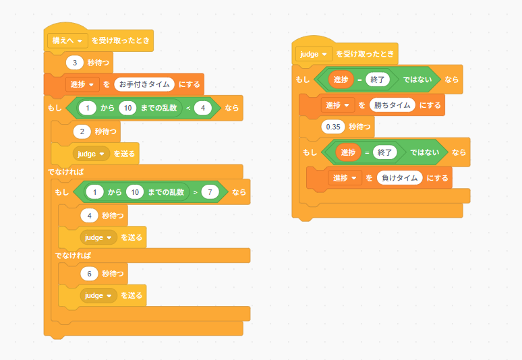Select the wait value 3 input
(75, 63)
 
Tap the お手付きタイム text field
(144, 84)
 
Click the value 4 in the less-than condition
(203, 108)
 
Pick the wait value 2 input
(82, 131)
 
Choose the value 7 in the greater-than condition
(210, 192)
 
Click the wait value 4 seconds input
(89, 216)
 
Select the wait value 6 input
(89, 274)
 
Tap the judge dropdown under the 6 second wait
(98, 295)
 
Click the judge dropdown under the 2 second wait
(91, 154)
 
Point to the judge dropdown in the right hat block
(314, 54)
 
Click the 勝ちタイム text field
(392, 105)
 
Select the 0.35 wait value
(333, 127)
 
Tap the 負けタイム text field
(399, 178)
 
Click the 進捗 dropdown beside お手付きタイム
(82, 84)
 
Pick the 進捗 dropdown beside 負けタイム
(345, 178)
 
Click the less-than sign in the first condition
(188, 108)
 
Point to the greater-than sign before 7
(196, 192)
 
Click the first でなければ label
(65, 172)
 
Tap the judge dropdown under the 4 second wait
(98, 237)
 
